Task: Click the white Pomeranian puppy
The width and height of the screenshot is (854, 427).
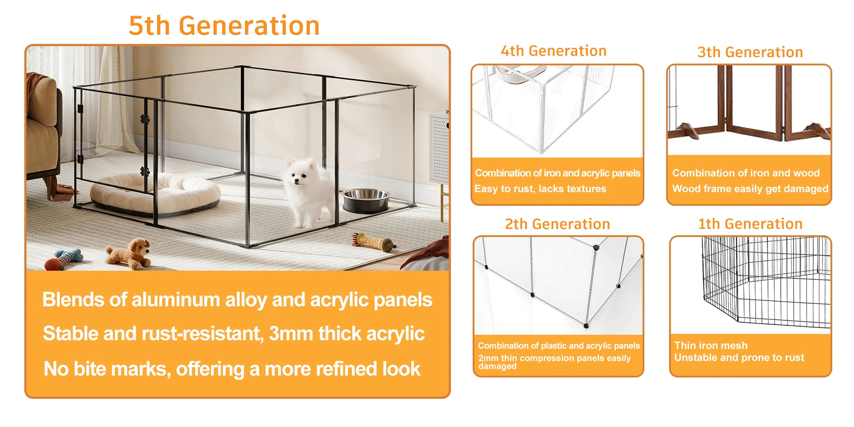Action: coord(309,193)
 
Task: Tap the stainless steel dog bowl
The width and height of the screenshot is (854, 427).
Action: coord(366,200)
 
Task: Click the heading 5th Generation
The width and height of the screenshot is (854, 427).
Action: coord(224,25)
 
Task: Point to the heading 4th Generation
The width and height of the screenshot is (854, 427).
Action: coord(554,51)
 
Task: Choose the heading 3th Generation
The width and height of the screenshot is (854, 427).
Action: coord(750,52)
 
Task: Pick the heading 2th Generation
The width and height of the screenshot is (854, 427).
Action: coord(557,224)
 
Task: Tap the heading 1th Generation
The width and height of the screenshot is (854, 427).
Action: coord(750,224)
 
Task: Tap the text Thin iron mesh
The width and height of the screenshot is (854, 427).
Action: coord(711,345)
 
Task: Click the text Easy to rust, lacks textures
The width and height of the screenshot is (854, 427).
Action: coord(540,189)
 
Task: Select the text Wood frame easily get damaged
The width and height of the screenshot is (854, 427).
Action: coord(750,189)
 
